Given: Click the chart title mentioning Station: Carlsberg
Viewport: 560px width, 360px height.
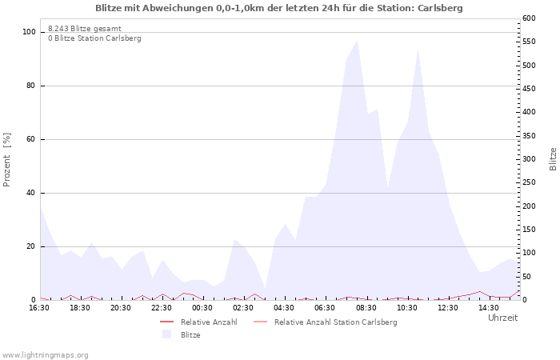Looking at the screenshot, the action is (279, 8).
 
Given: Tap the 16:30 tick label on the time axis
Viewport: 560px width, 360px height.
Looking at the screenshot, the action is (39, 307).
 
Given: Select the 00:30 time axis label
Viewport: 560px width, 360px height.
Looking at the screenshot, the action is (202, 307).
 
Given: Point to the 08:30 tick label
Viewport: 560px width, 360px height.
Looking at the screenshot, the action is (366, 307).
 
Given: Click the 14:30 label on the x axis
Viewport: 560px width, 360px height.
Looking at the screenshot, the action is (489, 307).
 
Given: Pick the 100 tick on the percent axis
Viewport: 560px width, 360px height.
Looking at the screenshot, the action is (30, 32).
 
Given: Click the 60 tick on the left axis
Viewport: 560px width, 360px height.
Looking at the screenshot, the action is (31, 139).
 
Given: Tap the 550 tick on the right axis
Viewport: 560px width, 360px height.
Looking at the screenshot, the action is (529, 42).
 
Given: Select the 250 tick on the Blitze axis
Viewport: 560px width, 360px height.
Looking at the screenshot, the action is (529, 182).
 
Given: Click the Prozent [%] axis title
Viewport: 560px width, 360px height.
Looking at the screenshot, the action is (6, 160).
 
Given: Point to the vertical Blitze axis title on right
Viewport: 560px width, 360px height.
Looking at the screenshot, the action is (553, 159).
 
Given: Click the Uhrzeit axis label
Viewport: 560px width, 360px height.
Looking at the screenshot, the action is (503, 318).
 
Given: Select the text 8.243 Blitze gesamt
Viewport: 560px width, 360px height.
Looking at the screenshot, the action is (85, 29).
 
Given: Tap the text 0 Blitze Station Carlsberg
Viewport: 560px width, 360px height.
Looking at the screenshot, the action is (94, 38).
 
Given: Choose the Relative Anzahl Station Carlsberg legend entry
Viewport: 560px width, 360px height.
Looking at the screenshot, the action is (326, 322).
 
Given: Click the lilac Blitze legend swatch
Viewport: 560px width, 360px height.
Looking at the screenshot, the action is (166, 334).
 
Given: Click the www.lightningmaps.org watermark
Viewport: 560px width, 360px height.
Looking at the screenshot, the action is (45, 355).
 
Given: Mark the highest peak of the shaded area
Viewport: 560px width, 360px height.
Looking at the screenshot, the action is (357, 41).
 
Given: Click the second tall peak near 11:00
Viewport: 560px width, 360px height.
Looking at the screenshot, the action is (418, 50).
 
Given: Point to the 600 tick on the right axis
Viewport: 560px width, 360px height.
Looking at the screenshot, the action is (529, 18).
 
